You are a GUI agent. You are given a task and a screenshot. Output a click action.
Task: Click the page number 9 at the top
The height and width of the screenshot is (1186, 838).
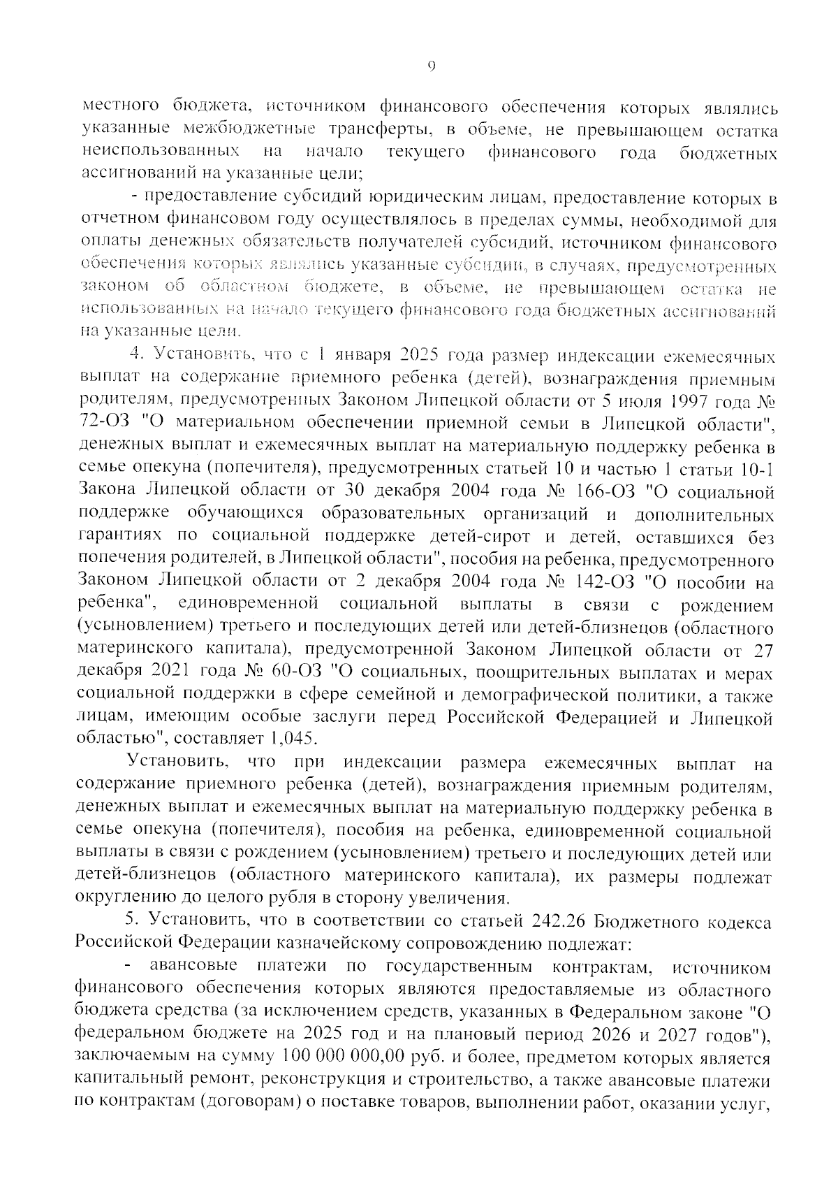(x=431, y=66)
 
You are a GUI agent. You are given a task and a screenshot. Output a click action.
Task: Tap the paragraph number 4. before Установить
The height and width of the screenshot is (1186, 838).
(x=138, y=357)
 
